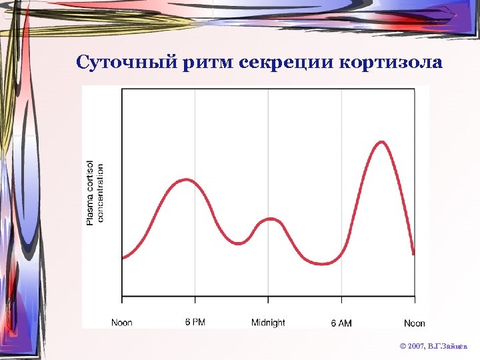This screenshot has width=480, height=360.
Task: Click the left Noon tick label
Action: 121,323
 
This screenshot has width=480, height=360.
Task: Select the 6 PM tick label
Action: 195,323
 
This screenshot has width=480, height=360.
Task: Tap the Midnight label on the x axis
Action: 268,323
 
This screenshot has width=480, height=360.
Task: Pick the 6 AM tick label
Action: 341,323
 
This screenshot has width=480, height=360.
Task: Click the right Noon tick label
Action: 414,323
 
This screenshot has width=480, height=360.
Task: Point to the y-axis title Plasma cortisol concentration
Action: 95,193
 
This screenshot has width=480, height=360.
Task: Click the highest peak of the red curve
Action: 381,141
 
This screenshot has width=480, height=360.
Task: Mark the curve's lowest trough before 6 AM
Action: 324,264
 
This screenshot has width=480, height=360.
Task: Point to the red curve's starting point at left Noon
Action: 122,258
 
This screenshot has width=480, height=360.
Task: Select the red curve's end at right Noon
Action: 414,254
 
